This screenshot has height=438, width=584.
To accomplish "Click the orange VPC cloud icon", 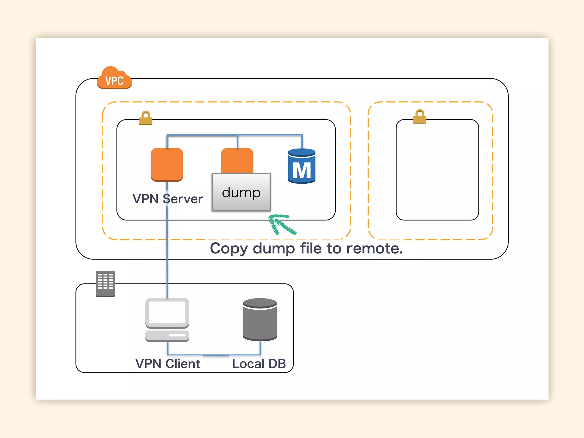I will point(114,78).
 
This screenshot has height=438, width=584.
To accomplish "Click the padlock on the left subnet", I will point(146,118).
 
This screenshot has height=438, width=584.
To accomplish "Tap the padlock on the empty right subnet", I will point(419,117).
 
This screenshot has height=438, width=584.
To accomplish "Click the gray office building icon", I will point(105,283).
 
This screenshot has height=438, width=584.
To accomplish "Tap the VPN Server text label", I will point(168,199).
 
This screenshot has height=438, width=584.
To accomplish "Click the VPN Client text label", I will point(168,364).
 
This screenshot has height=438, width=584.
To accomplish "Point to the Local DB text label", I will point(259,364).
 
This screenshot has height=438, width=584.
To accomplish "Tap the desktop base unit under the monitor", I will point(167,336).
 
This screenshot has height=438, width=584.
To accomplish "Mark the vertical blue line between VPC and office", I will point(167,271).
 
